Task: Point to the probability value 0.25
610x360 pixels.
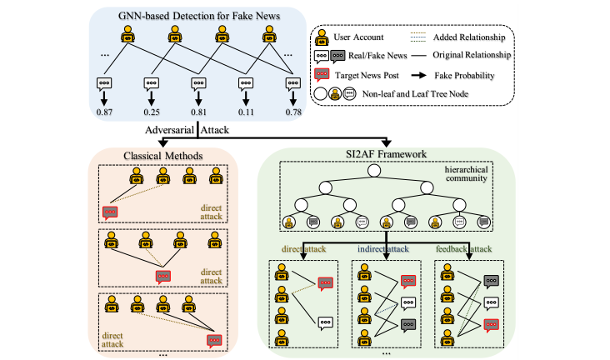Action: (x=150, y=112)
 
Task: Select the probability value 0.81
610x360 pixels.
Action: (x=197, y=112)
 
